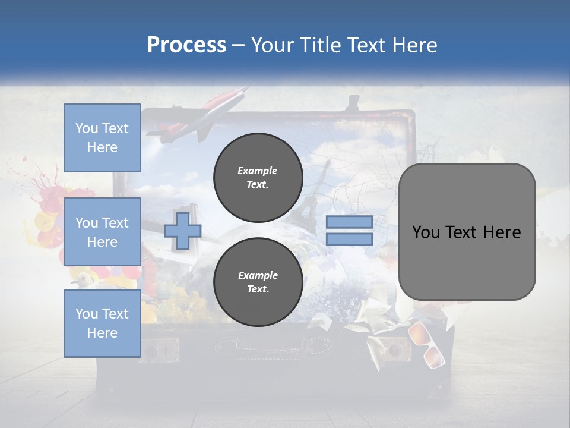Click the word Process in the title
click(x=186, y=45)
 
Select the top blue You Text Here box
click(x=102, y=138)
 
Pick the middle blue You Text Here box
click(x=102, y=232)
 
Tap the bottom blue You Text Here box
click(x=102, y=323)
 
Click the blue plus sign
click(x=183, y=231)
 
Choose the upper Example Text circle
click(x=258, y=177)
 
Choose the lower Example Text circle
click(x=258, y=282)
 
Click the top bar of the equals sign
click(x=349, y=222)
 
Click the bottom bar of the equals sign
click(x=349, y=240)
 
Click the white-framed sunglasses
click(x=426, y=345)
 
